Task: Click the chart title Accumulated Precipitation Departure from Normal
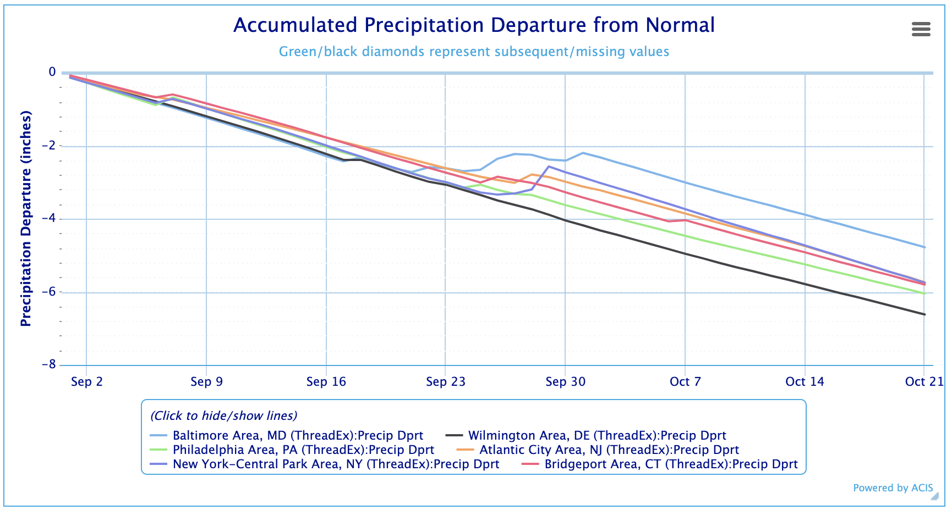coord(474,25)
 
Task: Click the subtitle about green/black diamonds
coord(474,52)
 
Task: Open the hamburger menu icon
coord(921,29)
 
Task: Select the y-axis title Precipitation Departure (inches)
coord(26,219)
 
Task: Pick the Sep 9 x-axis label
coord(206,382)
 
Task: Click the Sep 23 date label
coord(445,382)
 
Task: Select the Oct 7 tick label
coord(685,382)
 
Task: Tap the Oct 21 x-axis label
coord(924,382)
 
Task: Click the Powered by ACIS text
coord(893,488)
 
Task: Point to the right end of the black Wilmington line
coord(924,314)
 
